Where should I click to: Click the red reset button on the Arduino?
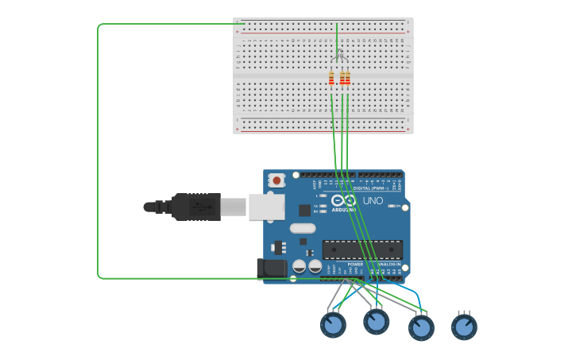pos(276,180)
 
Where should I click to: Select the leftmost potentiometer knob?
pos(333,324)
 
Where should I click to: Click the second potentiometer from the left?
pos(376,321)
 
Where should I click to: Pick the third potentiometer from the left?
pos(421,327)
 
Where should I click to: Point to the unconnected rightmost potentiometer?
pos(464,327)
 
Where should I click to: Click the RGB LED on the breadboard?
pos(338,56)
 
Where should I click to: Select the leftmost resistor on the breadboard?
pos(331,78)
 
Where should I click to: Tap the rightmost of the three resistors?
pos(347,78)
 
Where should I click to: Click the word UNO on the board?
pos(373,201)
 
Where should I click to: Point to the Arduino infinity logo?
pos(344,200)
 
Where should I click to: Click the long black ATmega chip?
pos(362,249)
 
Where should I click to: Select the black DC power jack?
pos(272,268)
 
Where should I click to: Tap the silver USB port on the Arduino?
pos(266,207)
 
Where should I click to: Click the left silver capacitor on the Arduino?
pos(300,266)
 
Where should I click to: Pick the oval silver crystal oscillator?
pos(303,228)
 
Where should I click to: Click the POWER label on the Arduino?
pos(354,264)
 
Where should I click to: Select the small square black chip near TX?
pos(304,210)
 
